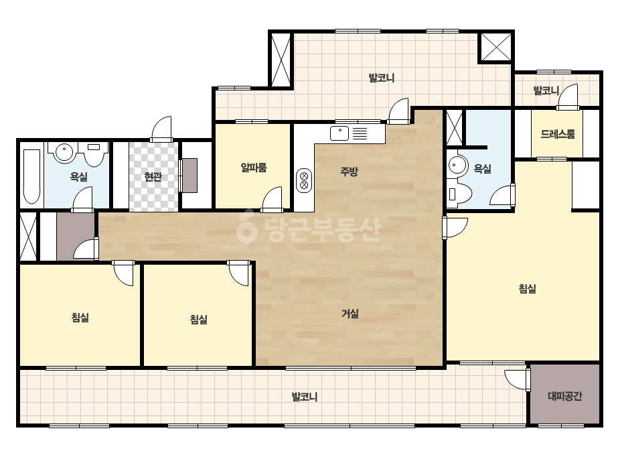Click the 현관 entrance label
153,177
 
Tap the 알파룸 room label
254,168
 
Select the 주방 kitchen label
350,172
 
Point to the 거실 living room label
350,314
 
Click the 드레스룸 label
558,134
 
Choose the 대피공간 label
565,396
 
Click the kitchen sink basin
339,133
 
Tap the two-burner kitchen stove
304,180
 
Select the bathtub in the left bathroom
31,176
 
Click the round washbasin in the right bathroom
457,164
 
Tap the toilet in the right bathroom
459,194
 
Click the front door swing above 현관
161,129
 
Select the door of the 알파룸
273,199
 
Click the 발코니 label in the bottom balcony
304,397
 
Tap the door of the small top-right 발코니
568,97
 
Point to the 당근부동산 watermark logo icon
246,227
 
